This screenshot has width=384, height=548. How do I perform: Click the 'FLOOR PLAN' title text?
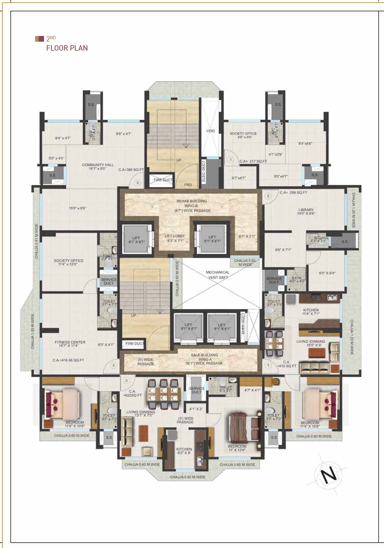(67, 48)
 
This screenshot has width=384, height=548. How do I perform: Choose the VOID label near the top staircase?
(210, 131)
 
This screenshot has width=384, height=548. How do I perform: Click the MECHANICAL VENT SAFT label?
(218, 275)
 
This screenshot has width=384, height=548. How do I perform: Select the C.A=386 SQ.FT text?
(131, 170)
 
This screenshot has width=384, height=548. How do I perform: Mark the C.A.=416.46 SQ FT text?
(68, 360)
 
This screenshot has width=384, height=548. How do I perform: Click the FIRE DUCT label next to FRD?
(163, 180)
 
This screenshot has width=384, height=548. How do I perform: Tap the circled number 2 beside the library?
(268, 196)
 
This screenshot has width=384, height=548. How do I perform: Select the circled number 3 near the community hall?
(137, 183)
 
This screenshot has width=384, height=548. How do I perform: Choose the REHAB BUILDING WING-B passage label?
(192, 206)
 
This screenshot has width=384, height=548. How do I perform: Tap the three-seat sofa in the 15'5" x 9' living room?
(314, 368)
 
